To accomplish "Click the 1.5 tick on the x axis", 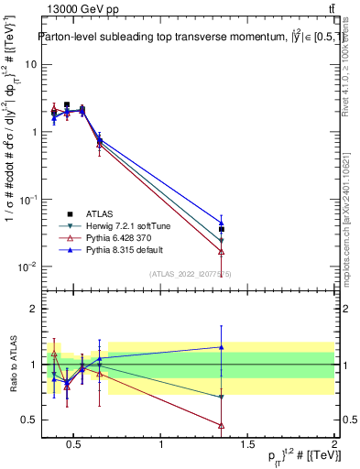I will [247, 445].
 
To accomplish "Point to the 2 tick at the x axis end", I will [333, 445].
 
